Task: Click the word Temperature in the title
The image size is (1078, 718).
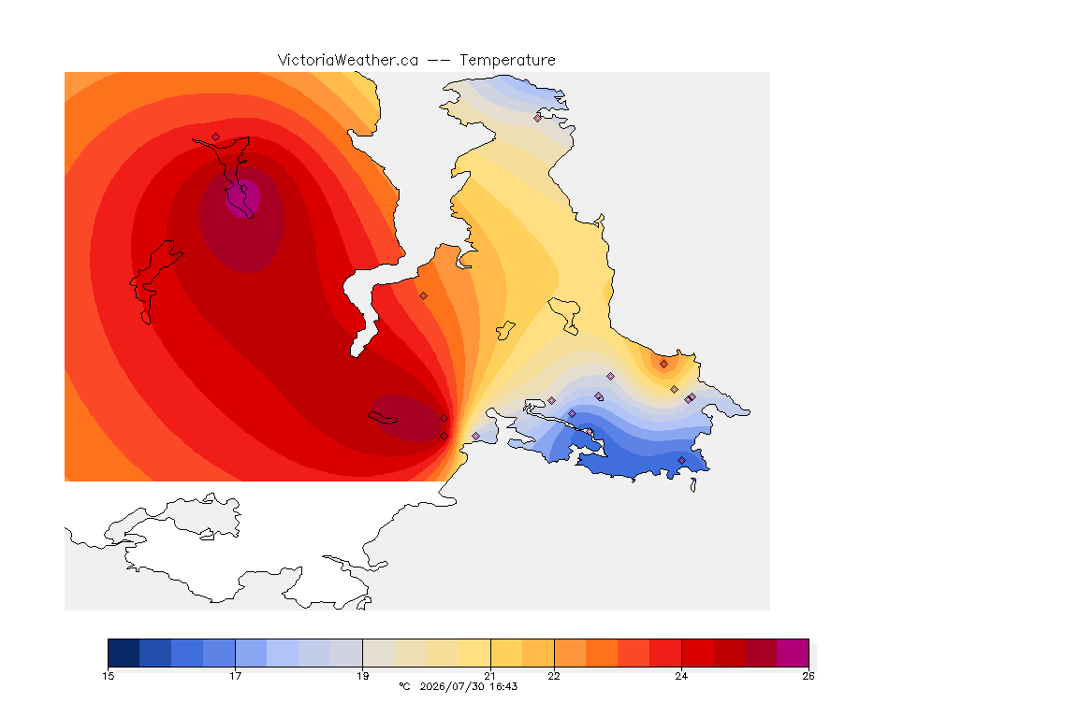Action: [x=507, y=61]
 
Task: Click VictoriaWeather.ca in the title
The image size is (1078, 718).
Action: [x=348, y=61]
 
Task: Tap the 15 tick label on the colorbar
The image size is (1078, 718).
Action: [x=108, y=676]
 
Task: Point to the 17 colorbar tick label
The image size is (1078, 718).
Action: [x=235, y=676]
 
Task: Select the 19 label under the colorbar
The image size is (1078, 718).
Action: [x=362, y=676]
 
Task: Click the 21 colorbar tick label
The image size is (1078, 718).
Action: [x=490, y=676]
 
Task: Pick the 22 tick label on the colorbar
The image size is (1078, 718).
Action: [x=553, y=676]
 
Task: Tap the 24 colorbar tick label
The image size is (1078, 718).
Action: [x=681, y=676]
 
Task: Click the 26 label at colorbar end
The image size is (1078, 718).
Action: [x=808, y=676]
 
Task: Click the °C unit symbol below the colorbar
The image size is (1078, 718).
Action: [x=404, y=686]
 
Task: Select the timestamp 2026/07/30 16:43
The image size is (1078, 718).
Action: [x=469, y=686]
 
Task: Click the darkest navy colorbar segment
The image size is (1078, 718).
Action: [x=124, y=653]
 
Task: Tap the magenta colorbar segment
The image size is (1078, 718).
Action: [x=793, y=653]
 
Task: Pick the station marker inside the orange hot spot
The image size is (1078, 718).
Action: [x=663, y=365]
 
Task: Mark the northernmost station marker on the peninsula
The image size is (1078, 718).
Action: [x=538, y=118]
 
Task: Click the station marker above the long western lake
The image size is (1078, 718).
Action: [x=216, y=136]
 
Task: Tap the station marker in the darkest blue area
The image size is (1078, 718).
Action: [x=682, y=460]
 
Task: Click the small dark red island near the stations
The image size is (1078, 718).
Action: [x=383, y=418]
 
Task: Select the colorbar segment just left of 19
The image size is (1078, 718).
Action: [x=346, y=653]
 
